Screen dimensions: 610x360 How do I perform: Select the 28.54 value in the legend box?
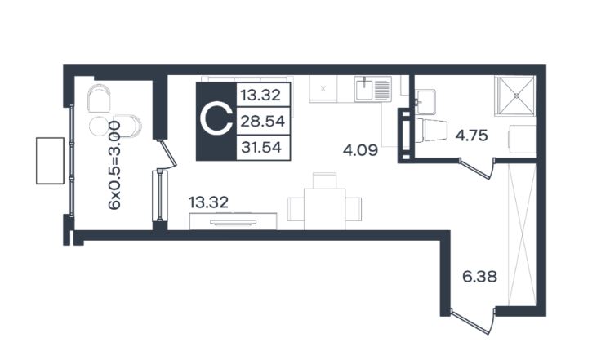[263, 122]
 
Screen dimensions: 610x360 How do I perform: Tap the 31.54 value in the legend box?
[261, 147]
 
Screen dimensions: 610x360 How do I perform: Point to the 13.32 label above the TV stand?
[208, 202]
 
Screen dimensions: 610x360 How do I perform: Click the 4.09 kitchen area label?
[360, 150]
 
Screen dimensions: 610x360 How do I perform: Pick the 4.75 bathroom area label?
[471, 136]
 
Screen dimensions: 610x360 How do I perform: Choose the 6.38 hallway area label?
[479, 277]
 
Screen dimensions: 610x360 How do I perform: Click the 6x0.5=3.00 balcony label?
[114, 165]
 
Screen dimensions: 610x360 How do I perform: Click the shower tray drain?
[517, 95]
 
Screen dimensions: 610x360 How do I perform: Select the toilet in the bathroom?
[432, 131]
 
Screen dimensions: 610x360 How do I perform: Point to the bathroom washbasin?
[425, 102]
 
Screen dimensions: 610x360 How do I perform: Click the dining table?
[324, 209]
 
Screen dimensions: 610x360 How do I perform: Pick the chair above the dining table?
[324, 180]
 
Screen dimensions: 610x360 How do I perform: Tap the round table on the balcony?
[99, 126]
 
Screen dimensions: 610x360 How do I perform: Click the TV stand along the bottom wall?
[233, 221]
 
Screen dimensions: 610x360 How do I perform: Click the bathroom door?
[477, 168]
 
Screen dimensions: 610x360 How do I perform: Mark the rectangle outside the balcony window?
[50, 161]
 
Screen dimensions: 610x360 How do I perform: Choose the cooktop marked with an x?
[323, 89]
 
